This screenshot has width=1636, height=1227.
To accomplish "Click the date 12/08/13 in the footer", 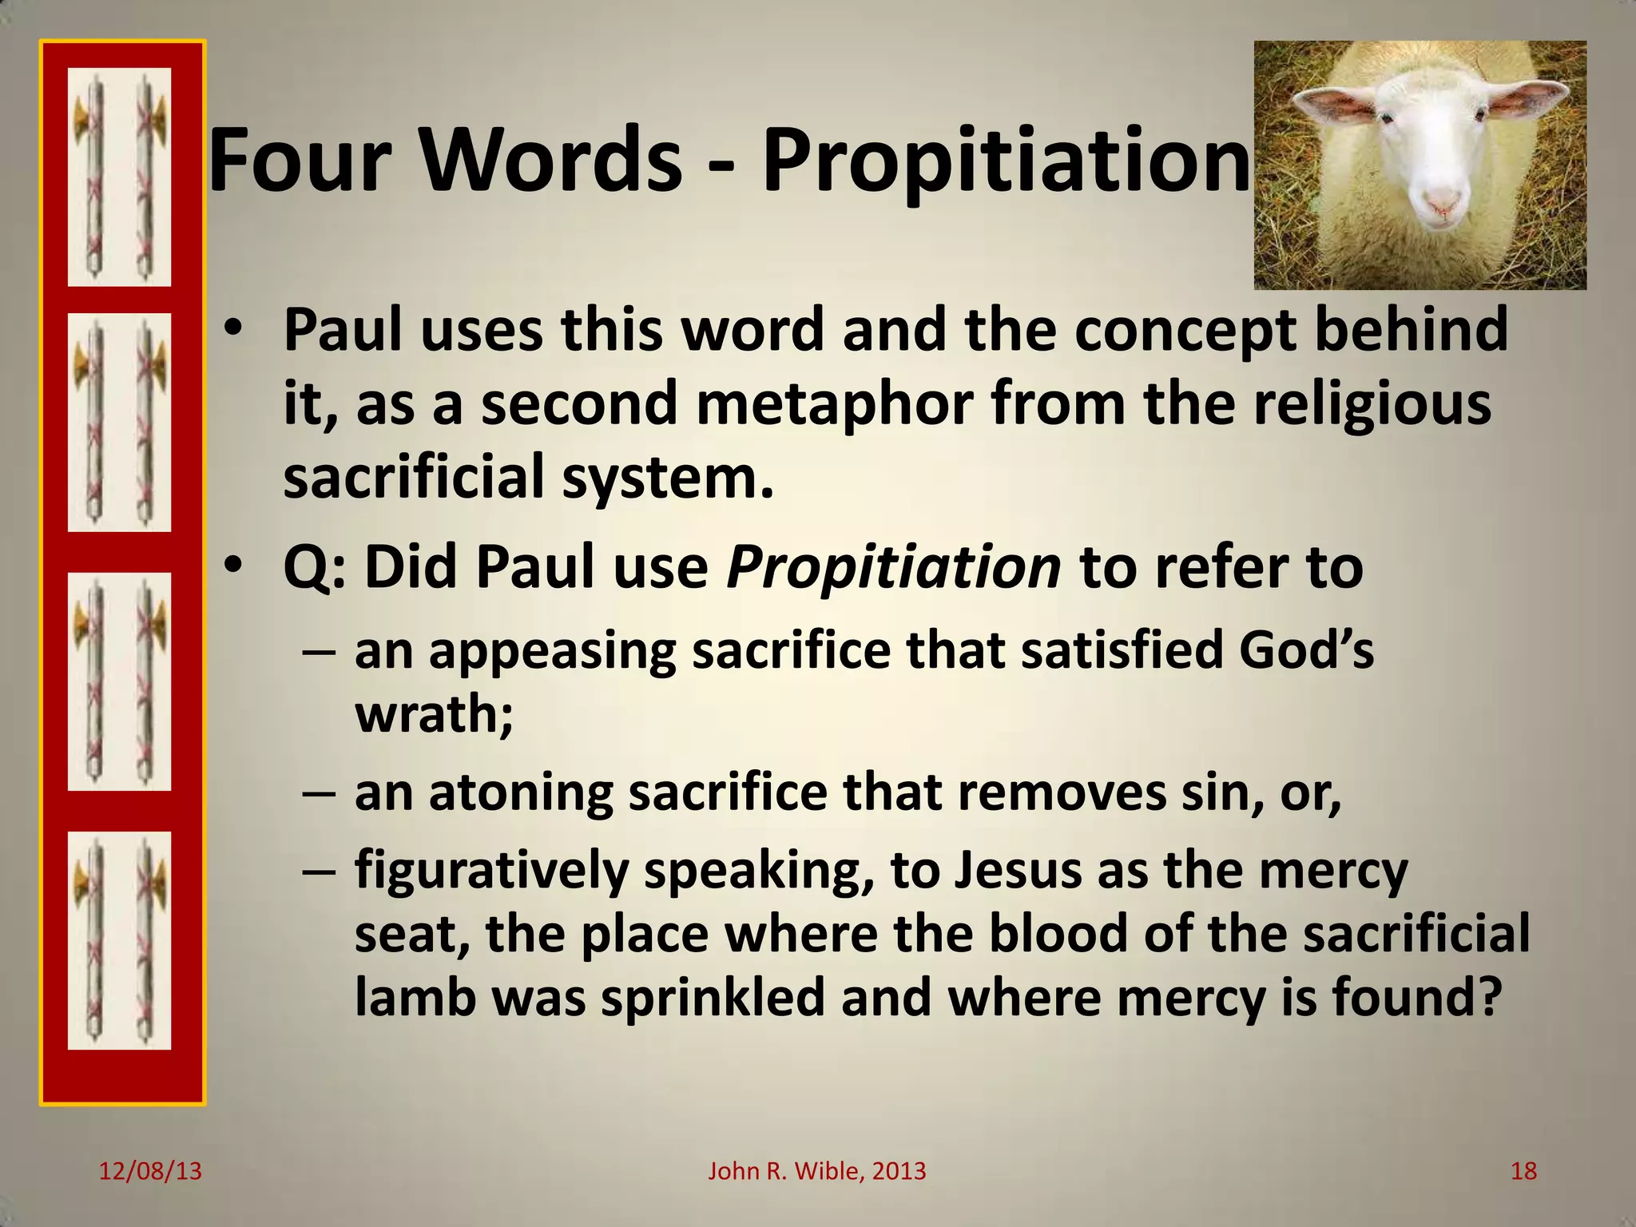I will [x=150, y=1171].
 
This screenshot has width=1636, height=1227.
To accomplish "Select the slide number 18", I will [x=1523, y=1171].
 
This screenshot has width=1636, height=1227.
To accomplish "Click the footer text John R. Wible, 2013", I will [x=817, y=1171].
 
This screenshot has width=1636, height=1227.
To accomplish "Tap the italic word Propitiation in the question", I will [x=893, y=567].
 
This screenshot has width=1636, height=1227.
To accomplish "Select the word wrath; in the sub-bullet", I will [x=434, y=713].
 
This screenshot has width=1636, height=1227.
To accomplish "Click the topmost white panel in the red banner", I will [x=119, y=177].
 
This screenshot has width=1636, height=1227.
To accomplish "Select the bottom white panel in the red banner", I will [x=119, y=940].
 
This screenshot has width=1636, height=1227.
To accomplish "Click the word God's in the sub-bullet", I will [x=1305, y=650].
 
